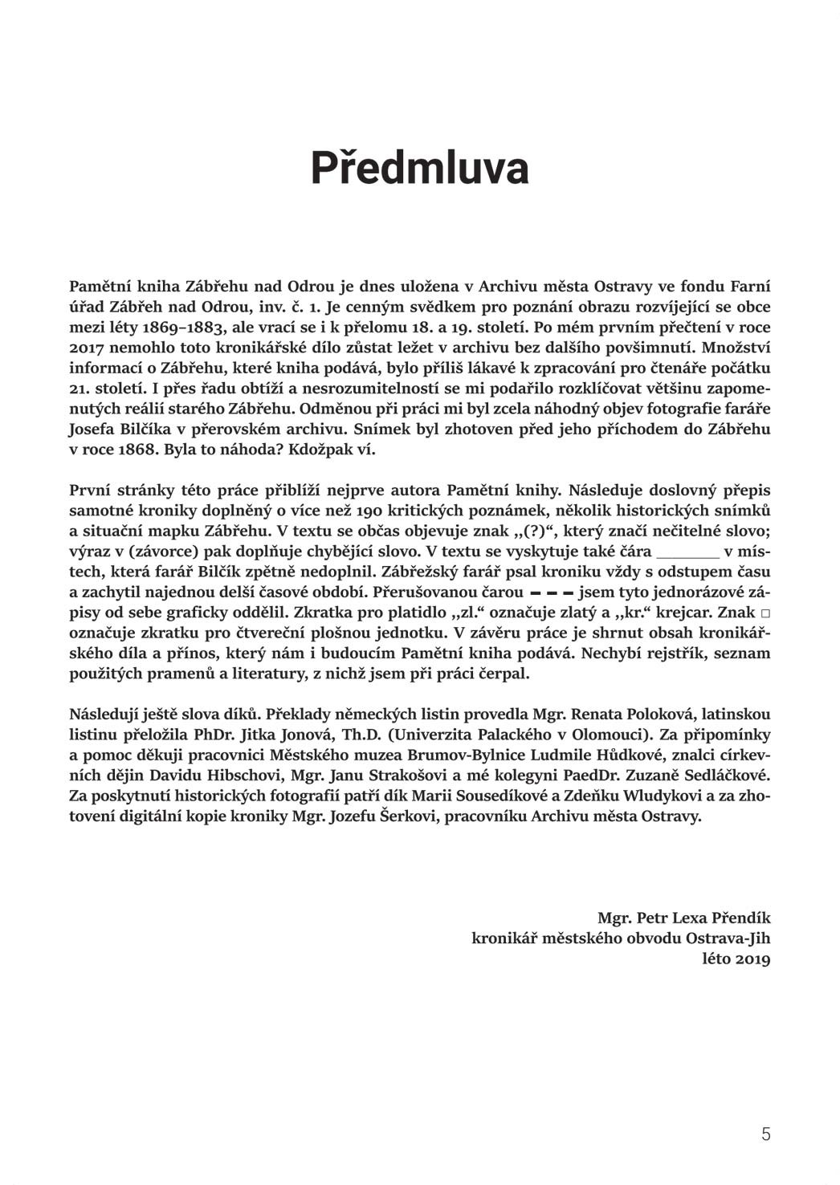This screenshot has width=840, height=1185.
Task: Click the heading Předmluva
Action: click(419, 169)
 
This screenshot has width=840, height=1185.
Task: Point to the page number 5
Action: click(765, 1134)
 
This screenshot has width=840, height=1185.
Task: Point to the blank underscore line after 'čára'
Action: click(687, 552)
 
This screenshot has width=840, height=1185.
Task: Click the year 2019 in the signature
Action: click(752, 959)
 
